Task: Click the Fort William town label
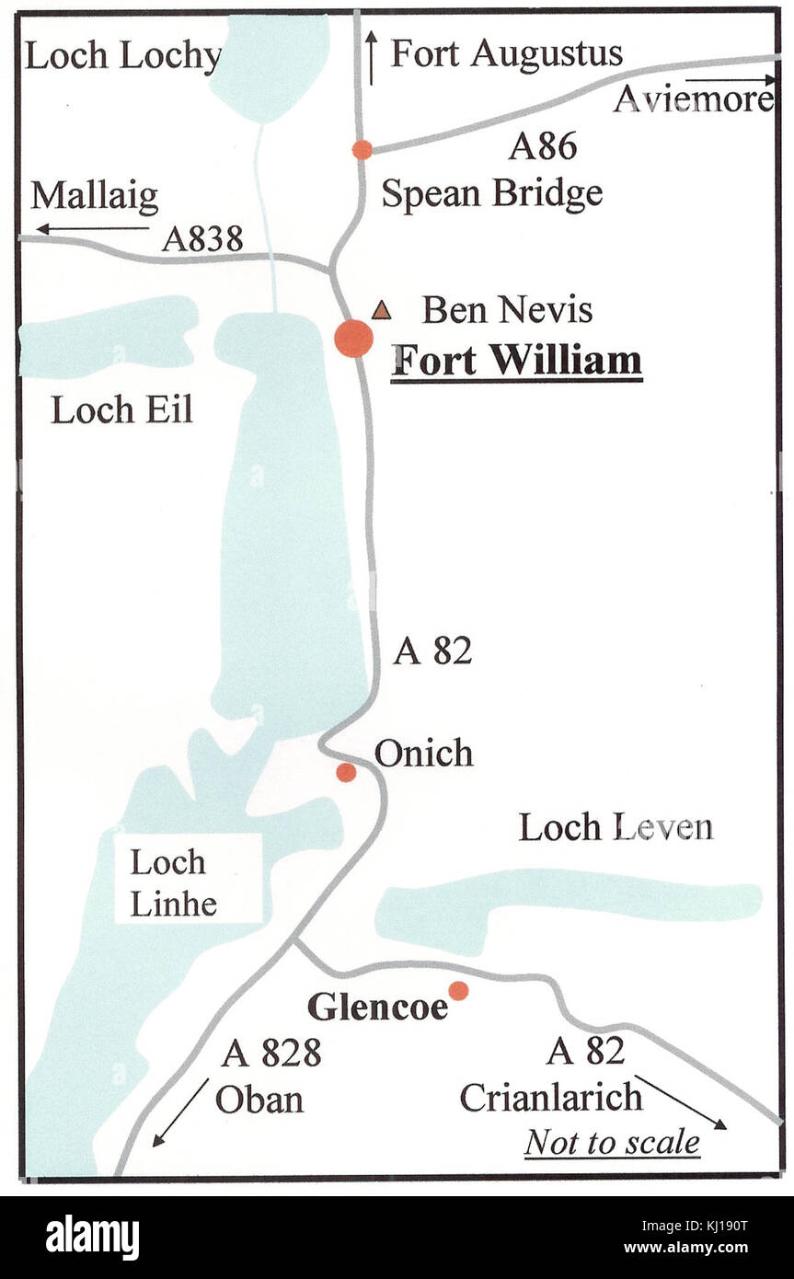click(516, 361)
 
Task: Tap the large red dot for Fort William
click(353, 339)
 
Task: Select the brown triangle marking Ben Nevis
click(381, 311)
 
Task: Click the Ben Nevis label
click(507, 310)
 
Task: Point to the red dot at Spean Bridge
click(362, 149)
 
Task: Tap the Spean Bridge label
click(492, 194)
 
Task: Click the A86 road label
click(543, 145)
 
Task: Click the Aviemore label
click(693, 99)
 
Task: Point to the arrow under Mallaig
click(92, 228)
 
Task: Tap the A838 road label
click(202, 239)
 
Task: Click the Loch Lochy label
click(122, 56)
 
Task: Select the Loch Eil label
click(121, 410)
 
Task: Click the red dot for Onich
click(346, 772)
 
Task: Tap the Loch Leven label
click(616, 827)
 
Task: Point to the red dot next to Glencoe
click(458, 990)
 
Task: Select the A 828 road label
click(270, 1054)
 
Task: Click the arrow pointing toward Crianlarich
click(681, 1101)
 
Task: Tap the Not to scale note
click(612, 1143)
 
